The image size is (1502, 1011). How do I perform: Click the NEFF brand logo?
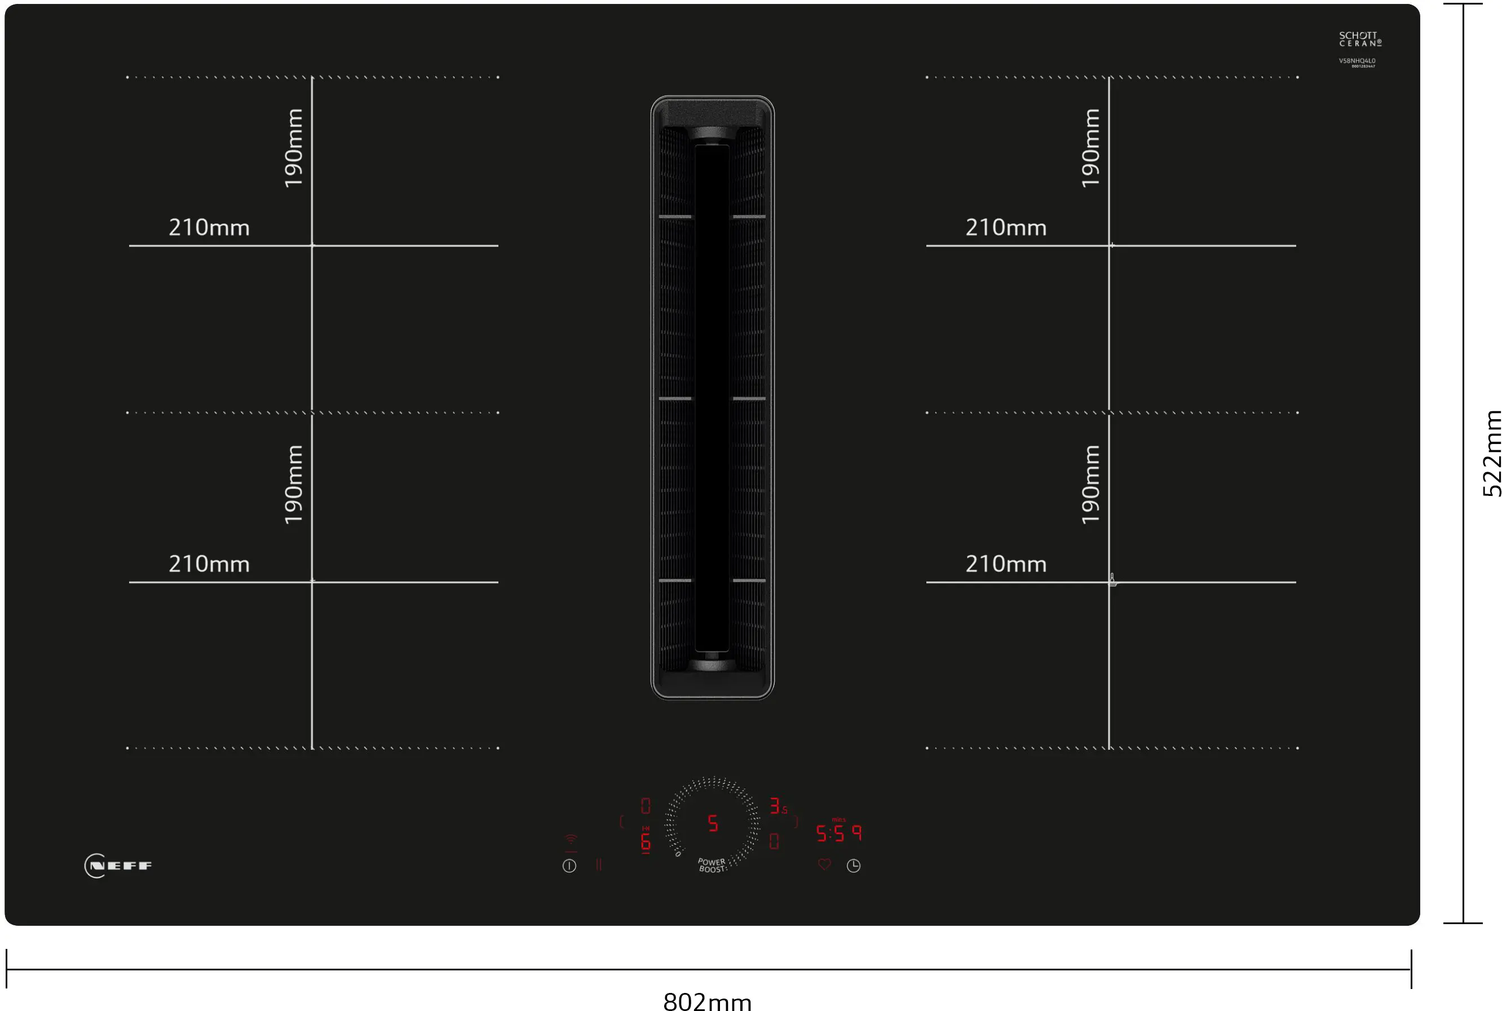point(118,865)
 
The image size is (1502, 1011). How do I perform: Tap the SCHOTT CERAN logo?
point(1359,39)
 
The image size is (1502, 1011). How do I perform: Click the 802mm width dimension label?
point(707,1000)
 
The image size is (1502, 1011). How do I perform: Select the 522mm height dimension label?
point(1492,453)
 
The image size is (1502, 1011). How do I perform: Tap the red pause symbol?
point(599,865)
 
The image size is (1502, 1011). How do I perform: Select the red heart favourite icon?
point(824,864)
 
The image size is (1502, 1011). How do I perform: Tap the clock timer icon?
point(853,865)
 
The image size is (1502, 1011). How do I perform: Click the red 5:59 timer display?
point(838,833)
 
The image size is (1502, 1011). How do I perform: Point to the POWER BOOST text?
point(712,865)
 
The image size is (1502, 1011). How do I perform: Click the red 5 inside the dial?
point(713,823)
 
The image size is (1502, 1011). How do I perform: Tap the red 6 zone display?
point(646,841)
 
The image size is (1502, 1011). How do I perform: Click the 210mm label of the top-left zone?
point(209,227)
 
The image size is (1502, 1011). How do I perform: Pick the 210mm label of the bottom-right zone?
point(1005,564)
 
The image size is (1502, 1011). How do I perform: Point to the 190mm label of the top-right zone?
point(1090,148)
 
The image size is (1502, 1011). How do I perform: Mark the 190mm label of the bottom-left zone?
point(293,484)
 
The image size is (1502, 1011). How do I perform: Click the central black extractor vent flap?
point(712,398)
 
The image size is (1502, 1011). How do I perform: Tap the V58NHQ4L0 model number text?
point(1357,60)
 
